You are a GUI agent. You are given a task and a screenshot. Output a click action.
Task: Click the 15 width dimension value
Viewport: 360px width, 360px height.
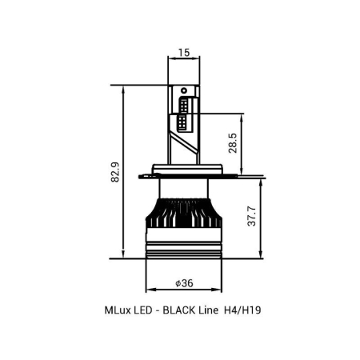[182, 53]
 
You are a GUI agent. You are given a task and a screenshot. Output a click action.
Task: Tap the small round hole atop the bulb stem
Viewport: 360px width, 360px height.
[184, 89]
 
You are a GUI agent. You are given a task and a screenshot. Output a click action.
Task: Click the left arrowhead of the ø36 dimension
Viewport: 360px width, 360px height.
[150, 290]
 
